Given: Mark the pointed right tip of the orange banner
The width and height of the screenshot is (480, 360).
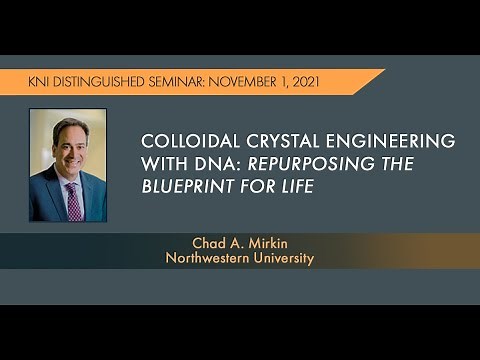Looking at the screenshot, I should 384,71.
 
